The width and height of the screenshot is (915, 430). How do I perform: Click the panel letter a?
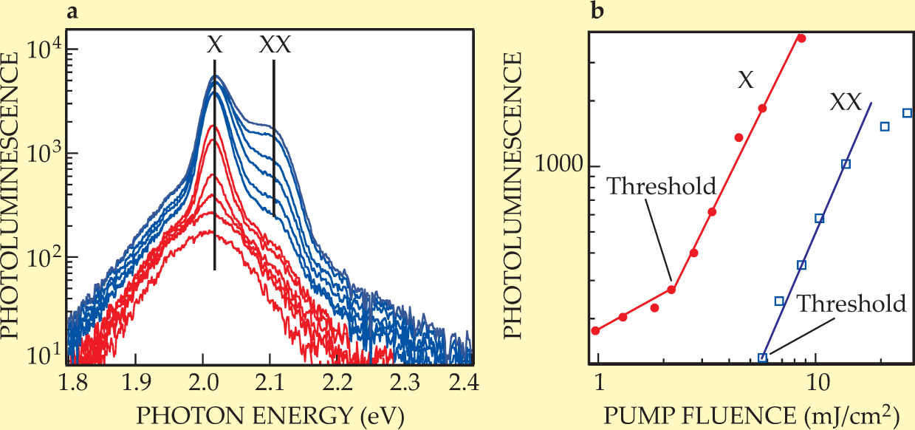pos(72,11)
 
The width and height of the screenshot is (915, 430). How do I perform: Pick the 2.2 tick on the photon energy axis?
pos(340,383)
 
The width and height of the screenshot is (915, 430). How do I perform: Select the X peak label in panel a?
pos(214,46)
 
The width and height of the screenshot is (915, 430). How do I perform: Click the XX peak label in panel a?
pos(275,46)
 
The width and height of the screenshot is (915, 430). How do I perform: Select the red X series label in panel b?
pos(746,81)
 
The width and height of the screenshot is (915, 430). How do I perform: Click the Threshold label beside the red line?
pos(662,185)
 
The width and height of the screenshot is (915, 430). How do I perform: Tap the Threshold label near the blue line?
pos(851,304)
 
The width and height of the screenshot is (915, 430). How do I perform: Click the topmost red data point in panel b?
pos(802,38)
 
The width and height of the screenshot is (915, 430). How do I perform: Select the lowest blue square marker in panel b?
pos(763,358)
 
